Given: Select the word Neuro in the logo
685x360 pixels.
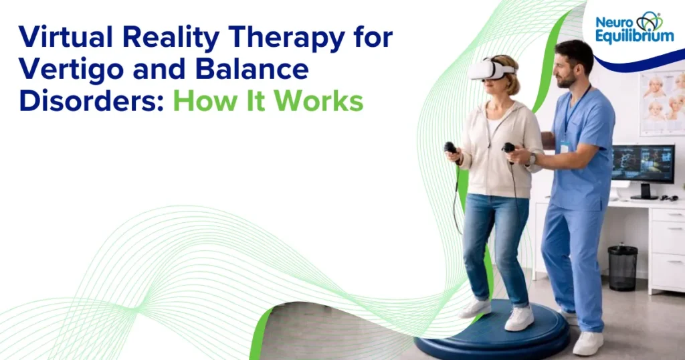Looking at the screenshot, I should pos(613,22).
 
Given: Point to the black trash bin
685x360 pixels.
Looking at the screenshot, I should pos(622,268).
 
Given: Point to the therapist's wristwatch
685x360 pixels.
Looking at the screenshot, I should pos(532,159).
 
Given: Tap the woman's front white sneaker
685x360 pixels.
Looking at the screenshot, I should pos(518,319).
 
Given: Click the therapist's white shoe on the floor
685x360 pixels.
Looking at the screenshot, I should pos(587,342).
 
